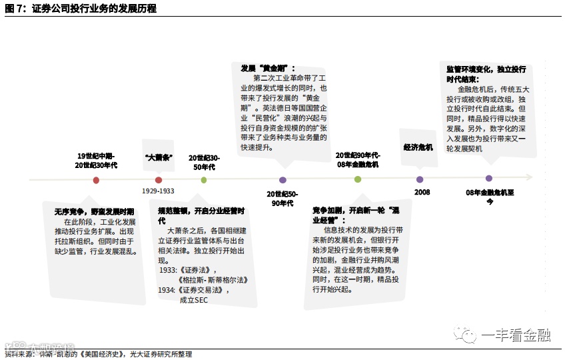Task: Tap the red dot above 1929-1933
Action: (x=159, y=180)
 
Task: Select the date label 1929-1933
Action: (x=158, y=191)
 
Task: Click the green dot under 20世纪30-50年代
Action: (x=204, y=180)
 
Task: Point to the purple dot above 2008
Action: (x=420, y=179)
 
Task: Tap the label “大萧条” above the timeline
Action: (x=159, y=158)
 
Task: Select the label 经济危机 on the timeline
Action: (x=418, y=147)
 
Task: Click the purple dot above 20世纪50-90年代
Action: (x=283, y=180)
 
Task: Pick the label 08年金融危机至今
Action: (x=490, y=197)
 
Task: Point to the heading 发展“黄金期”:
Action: (x=267, y=68)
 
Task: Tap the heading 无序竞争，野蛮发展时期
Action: (x=93, y=211)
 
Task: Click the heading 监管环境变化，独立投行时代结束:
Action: (x=486, y=73)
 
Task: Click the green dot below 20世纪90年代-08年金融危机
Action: (x=358, y=179)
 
